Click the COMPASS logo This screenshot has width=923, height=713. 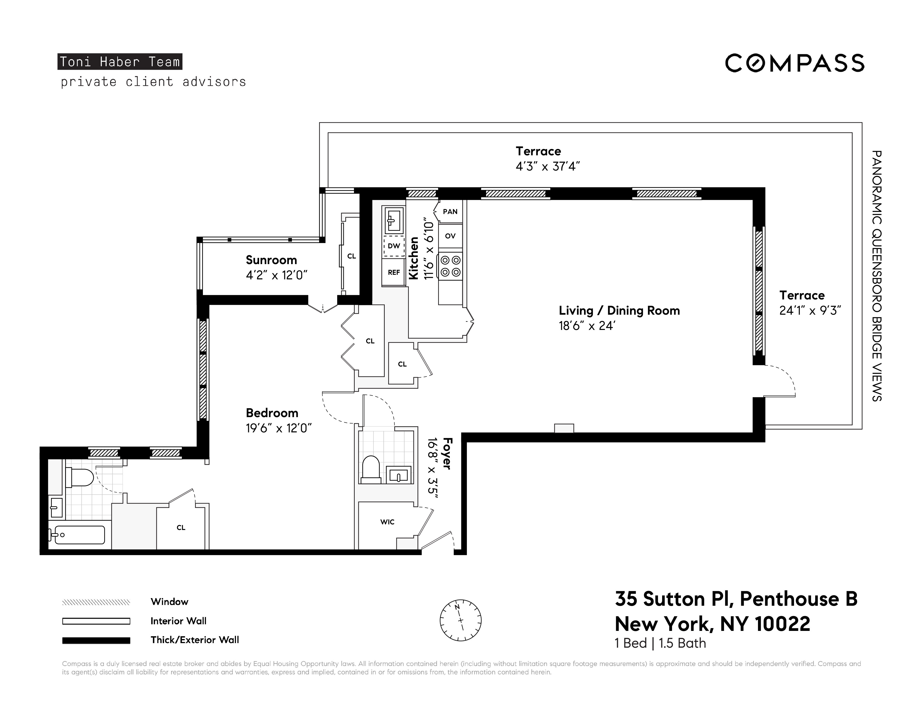[795, 63]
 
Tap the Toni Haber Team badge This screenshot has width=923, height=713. [120, 62]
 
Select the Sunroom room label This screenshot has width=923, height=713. [271, 260]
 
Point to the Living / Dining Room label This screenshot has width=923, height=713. [619, 310]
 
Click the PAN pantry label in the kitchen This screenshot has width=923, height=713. [450, 212]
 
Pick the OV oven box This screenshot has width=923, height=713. [450, 236]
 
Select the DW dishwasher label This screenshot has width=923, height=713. [393, 246]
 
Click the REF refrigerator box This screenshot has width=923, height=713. [393, 272]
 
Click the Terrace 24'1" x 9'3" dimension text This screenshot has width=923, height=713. [810, 310]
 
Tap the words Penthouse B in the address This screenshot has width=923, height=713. [798, 599]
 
